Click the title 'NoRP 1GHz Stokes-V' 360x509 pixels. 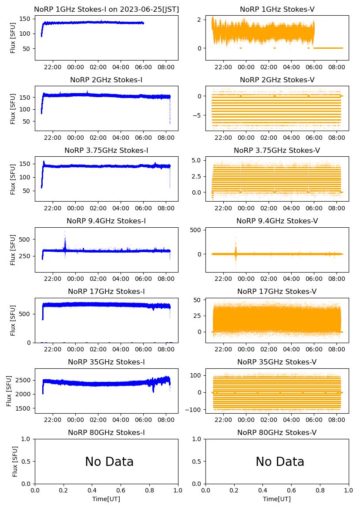point(277,9)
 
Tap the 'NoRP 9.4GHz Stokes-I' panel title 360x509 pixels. point(106,221)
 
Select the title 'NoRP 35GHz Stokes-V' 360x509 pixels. point(277,362)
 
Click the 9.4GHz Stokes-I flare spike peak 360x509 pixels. point(65,232)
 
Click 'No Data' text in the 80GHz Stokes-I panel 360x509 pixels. point(109,462)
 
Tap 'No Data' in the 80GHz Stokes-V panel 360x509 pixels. point(280,462)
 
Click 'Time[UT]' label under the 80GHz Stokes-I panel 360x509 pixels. point(106,499)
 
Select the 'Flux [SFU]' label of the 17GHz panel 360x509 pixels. point(13,320)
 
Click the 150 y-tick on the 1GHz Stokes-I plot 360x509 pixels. point(25,19)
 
